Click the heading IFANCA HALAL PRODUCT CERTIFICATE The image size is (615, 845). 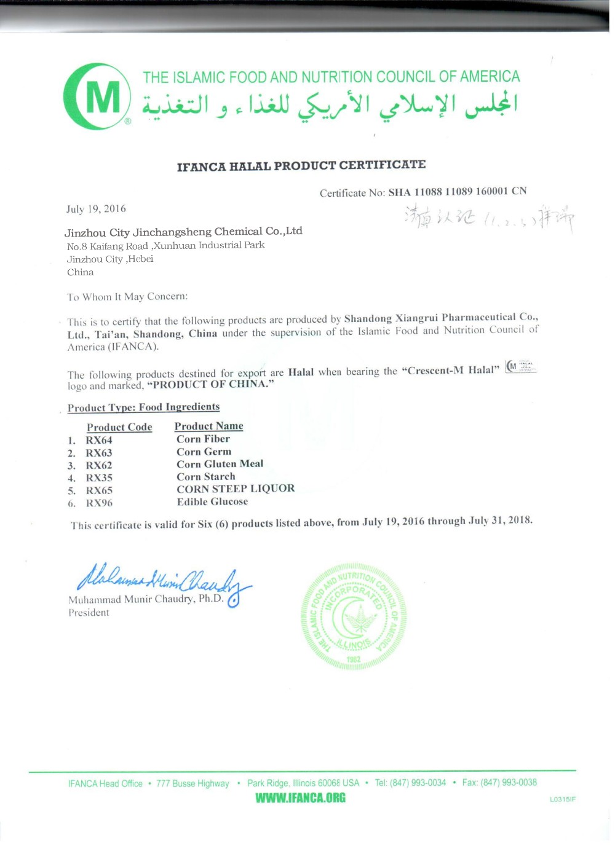coord(301,165)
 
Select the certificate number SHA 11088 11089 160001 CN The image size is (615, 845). coord(457,191)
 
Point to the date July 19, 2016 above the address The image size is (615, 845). coord(96,209)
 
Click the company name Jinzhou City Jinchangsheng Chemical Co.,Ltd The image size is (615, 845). coord(183,232)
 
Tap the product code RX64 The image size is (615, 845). coord(99,440)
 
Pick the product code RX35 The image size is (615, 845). coord(99,478)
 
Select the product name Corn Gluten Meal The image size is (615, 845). coord(220,464)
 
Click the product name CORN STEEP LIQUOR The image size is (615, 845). coord(236,489)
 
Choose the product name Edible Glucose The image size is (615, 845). coord(212,501)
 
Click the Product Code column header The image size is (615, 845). coord(119,427)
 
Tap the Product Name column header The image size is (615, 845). coord(208,426)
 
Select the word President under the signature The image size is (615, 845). coord(89,613)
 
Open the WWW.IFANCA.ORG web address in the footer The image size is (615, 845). coord(300,798)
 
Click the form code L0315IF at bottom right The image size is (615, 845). coord(562,800)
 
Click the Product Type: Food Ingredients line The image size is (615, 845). coord(143,407)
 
